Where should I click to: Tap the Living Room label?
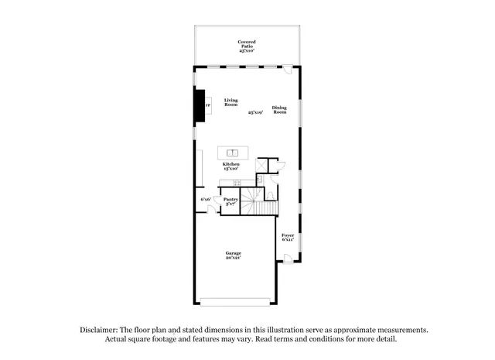click(231, 101)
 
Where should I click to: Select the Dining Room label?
click(280, 110)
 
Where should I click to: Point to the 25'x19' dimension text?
click(255, 113)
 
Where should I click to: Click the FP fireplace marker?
click(207, 105)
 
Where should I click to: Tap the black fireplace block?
click(200, 105)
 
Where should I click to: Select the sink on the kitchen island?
click(231, 151)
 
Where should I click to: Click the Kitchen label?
click(231, 164)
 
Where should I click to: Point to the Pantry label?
click(230, 199)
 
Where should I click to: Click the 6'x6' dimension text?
click(206, 200)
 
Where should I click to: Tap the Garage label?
click(233, 253)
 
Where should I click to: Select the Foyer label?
click(288, 235)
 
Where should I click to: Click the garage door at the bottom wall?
click(235, 300)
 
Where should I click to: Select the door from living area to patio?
click(288, 70)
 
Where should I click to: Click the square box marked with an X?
click(262, 163)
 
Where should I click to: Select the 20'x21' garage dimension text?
click(233, 259)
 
